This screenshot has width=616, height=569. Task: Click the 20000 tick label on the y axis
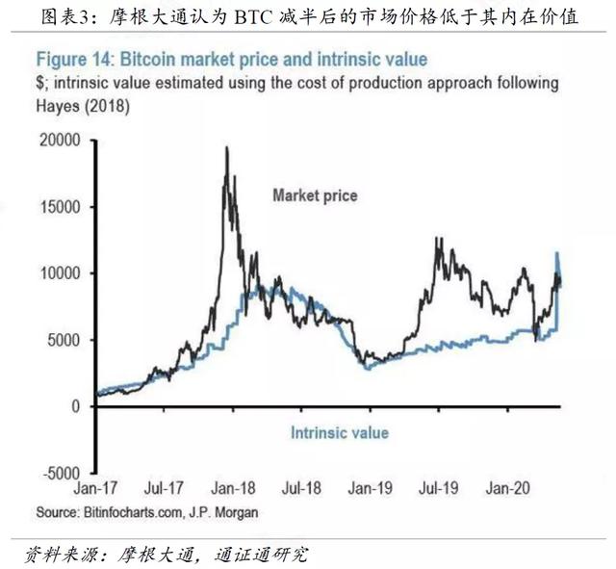(x=60, y=141)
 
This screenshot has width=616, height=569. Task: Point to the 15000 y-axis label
(x=61, y=207)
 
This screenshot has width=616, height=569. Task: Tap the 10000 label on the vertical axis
(x=61, y=273)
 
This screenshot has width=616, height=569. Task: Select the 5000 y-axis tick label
(x=64, y=340)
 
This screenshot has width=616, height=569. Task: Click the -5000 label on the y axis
(x=62, y=473)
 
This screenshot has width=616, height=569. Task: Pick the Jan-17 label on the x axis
(x=95, y=488)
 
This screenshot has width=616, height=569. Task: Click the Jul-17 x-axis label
(x=164, y=488)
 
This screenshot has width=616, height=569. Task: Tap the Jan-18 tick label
(x=233, y=488)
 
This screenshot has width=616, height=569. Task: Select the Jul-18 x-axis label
(x=301, y=488)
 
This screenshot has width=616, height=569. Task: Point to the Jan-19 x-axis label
(x=370, y=488)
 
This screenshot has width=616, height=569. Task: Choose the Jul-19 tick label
(x=439, y=488)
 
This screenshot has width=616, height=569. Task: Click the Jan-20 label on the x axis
(x=508, y=488)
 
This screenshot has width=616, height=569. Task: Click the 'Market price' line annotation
(x=315, y=195)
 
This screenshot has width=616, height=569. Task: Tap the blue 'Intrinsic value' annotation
(x=340, y=433)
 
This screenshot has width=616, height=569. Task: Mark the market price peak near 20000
(x=226, y=148)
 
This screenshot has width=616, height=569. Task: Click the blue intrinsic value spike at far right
(x=556, y=253)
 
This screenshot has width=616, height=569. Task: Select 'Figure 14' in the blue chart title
(x=75, y=60)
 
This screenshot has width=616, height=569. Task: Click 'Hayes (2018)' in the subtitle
(x=83, y=106)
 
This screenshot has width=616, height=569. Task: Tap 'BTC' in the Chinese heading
(x=253, y=17)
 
